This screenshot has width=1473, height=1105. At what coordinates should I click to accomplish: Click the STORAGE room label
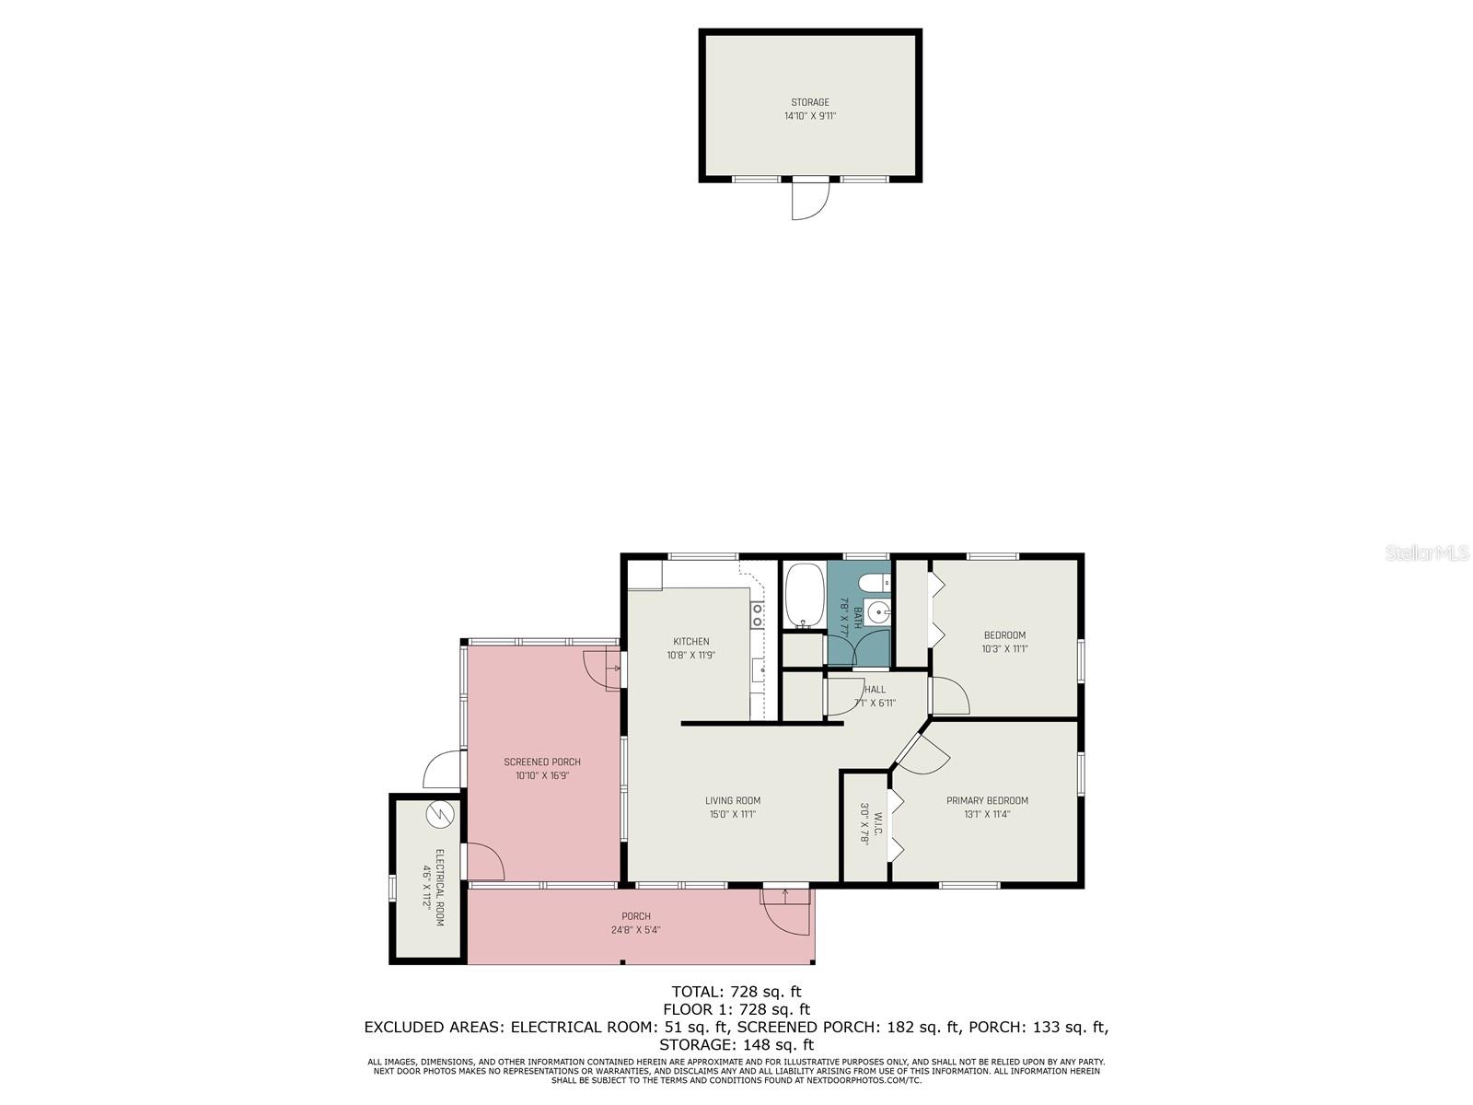click(809, 102)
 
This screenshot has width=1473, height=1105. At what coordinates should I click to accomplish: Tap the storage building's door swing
click(809, 200)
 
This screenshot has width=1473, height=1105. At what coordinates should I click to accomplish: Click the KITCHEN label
click(691, 642)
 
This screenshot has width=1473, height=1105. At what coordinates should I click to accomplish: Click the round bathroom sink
click(878, 611)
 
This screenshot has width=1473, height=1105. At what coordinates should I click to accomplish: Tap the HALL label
click(876, 689)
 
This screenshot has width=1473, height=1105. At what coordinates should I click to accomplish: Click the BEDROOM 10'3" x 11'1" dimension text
click(1004, 648)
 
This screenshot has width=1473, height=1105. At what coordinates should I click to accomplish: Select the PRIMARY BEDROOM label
click(987, 800)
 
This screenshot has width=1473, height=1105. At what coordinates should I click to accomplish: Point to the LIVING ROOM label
click(733, 800)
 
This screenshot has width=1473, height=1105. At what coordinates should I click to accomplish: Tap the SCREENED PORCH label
click(542, 762)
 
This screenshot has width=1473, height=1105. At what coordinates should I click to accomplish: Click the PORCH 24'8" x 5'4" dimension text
click(636, 930)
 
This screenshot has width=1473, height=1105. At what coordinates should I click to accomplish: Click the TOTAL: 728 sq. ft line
click(736, 992)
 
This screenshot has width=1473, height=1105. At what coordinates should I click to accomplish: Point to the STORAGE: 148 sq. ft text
click(736, 1045)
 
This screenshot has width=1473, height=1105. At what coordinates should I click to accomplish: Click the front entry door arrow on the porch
click(784, 892)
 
